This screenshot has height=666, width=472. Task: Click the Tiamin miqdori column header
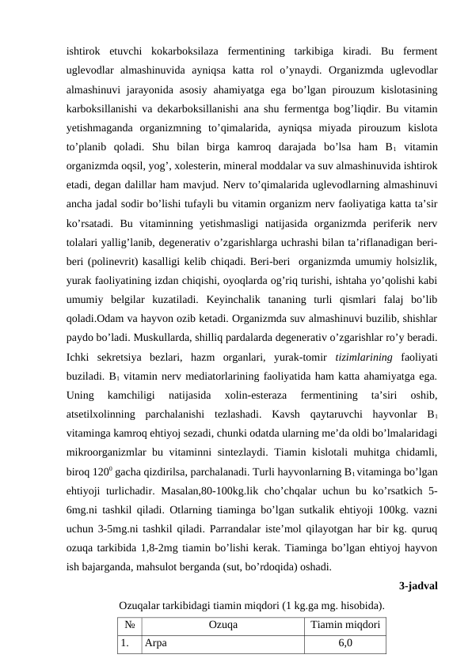pos(344,646)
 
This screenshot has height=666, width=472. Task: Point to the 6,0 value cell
pos(344,665)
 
